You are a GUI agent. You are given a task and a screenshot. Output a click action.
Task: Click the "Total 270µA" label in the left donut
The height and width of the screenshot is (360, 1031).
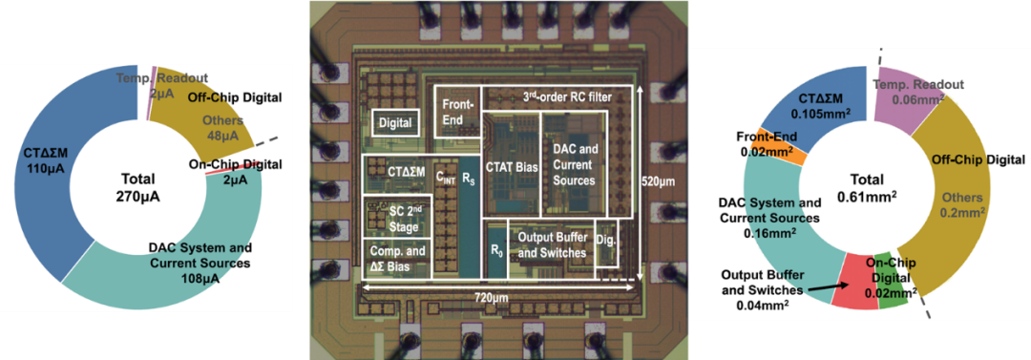pyautogui.click(x=137, y=187)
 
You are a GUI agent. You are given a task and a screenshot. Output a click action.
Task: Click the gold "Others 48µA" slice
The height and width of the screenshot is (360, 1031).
pyautogui.click(x=207, y=112)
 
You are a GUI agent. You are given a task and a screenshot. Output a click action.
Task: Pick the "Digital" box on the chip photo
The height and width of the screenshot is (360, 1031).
pyautogui.click(x=396, y=122)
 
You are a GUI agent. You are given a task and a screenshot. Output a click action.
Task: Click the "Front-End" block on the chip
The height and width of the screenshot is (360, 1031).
pyautogui.click(x=457, y=111)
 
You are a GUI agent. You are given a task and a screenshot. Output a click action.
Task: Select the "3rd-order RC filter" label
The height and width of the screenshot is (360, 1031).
pyautogui.click(x=566, y=97)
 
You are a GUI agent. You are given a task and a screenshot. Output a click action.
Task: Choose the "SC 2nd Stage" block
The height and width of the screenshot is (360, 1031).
pyautogui.click(x=398, y=217)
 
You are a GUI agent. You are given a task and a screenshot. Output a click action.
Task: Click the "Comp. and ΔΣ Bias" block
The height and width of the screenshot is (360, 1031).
pyautogui.click(x=398, y=257)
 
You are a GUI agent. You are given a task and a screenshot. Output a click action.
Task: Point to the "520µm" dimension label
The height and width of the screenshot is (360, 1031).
pyautogui.click(x=660, y=179)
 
